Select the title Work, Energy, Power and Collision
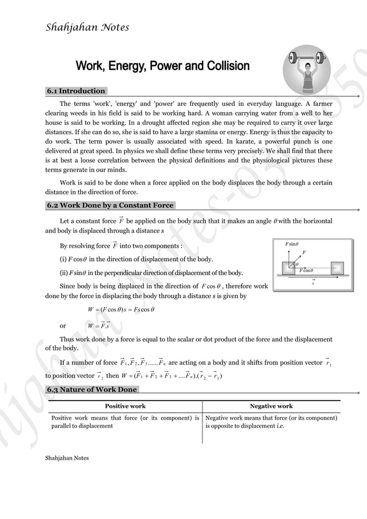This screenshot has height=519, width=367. (x=163, y=66)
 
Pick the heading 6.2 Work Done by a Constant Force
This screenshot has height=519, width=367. (x=110, y=205)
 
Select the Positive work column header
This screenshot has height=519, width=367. (x=125, y=406)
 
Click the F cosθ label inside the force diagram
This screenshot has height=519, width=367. (x=306, y=270)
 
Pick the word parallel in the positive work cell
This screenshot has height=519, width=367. (x=62, y=426)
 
